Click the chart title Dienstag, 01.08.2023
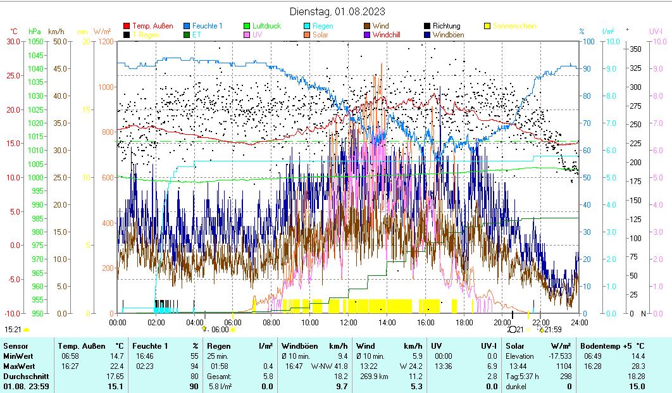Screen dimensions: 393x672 pos(337,11)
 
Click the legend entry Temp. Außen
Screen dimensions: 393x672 pos(152,26)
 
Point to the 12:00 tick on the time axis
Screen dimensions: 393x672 pos(348,322)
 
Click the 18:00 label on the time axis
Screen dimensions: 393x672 pos(464,322)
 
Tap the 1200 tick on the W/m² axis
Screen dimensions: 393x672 pos(106,42)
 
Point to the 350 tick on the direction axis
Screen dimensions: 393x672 pos(635,49)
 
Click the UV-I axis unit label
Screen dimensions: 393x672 pos(656,31)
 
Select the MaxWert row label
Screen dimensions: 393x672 pos(18,366)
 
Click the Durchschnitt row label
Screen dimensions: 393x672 pos(22,376)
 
